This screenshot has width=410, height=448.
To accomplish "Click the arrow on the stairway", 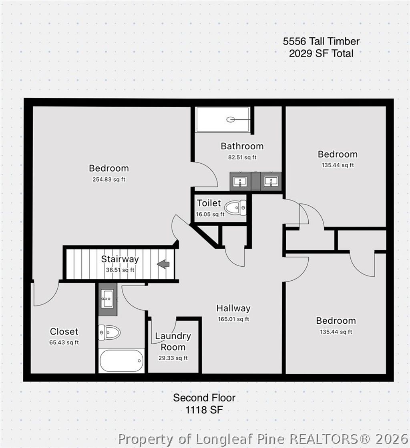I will pyautogui.click(x=163, y=264).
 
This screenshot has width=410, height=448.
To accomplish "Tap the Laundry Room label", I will pyautogui.click(x=173, y=341).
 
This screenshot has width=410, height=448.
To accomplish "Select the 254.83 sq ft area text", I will pyautogui.click(x=109, y=179).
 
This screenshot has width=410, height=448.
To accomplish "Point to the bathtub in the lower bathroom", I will pyautogui.click(x=121, y=360).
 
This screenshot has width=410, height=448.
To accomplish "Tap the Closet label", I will pyautogui.click(x=64, y=331).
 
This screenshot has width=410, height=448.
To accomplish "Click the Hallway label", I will pyautogui.click(x=233, y=308).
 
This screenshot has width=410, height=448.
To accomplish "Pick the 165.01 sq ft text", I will pyautogui.click(x=233, y=319).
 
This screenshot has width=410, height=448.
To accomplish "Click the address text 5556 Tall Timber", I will pyautogui.click(x=321, y=41).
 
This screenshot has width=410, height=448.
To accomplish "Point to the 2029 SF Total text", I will pyautogui.click(x=321, y=53).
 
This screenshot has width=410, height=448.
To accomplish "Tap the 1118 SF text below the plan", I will pyautogui.click(x=204, y=410).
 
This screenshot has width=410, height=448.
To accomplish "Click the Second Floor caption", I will pyautogui.click(x=204, y=398).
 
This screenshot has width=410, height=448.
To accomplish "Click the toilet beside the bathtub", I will pyautogui.click(x=109, y=332).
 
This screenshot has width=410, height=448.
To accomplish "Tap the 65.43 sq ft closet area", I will pyautogui.click(x=64, y=343).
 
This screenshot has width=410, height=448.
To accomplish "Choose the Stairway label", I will pyautogui.click(x=120, y=259).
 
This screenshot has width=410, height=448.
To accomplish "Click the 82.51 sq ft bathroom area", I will pyautogui.click(x=242, y=157).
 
